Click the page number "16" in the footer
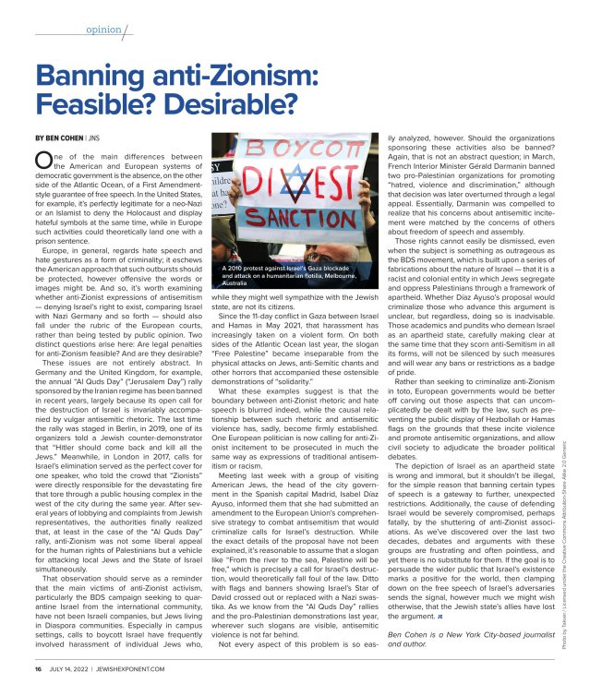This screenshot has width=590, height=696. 39,668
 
